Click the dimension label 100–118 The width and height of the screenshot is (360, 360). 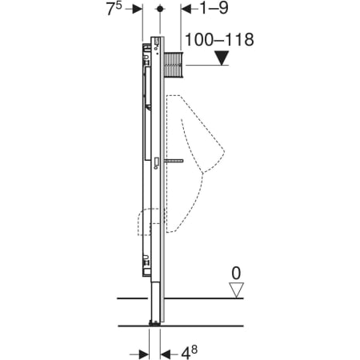[x=219, y=40]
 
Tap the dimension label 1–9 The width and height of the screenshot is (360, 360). [x=214, y=8]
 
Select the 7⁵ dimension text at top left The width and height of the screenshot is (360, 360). [x=114, y=9]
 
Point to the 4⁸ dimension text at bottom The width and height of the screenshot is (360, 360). [x=190, y=352]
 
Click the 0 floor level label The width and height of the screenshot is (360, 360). [x=236, y=274]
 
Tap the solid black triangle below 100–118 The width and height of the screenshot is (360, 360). [x=222, y=58]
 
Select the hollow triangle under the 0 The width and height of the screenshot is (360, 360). [x=236, y=290]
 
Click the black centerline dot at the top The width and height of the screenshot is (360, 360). [x=160, y=9]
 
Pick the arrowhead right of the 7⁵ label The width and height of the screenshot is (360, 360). [x=138, y=9]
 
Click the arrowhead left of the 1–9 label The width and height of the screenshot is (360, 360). [x=186, y=9]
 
